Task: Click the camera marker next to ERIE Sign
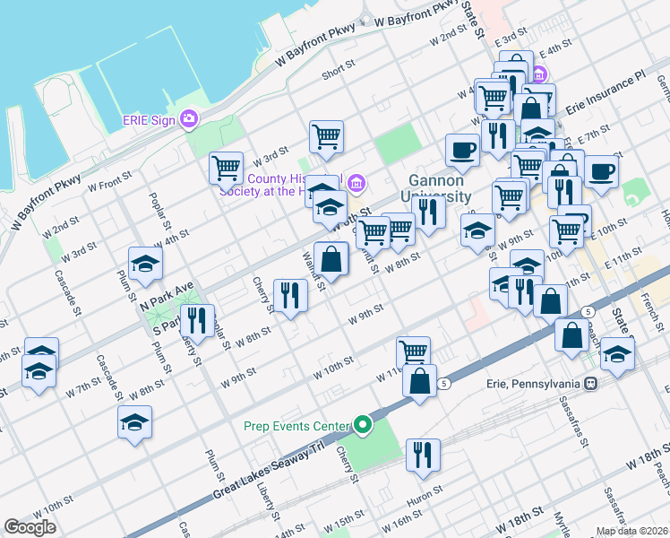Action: click(x=189, y=118)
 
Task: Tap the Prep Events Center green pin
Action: click(x=362, y=425)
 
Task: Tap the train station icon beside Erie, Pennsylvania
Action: click(x=590, y=384)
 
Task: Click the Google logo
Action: click(x=30, y=527)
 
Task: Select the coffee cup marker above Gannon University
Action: click(x=462, y=150)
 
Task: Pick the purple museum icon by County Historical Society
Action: click(x=357, y=185)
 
